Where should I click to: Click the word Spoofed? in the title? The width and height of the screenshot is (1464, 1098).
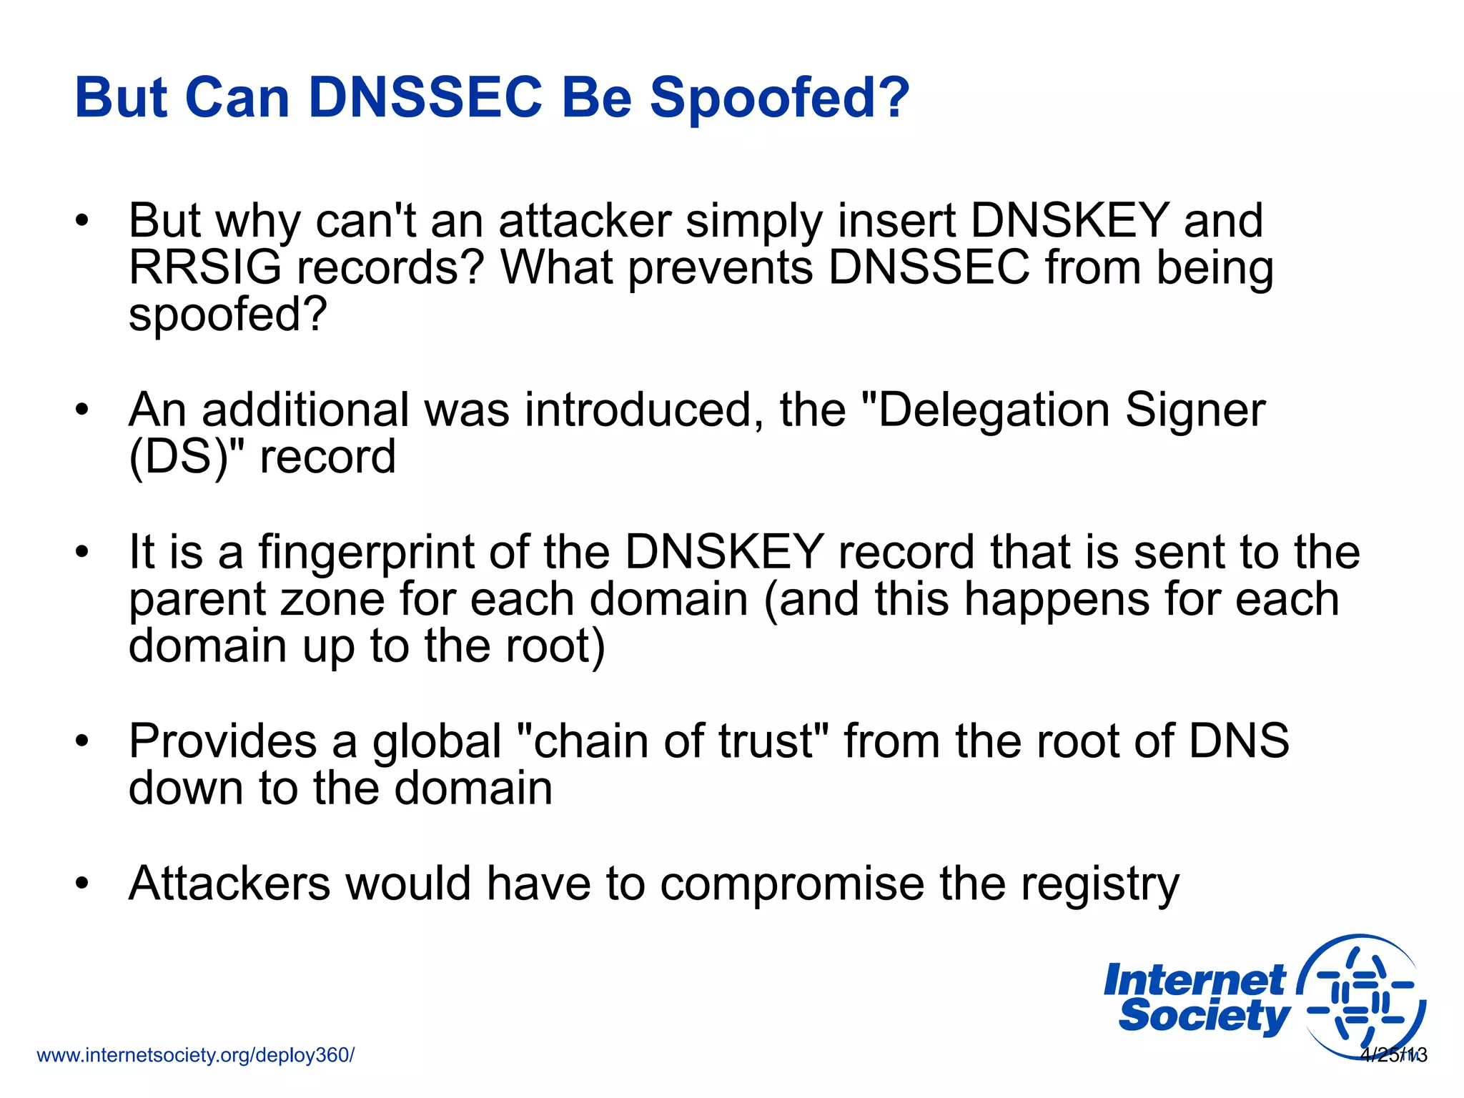[x=779, y=99]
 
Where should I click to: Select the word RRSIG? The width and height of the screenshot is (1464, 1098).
[x=205, y=267]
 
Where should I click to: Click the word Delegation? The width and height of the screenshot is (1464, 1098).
[x=993, y=410]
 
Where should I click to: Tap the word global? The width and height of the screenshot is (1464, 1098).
[x=436, y=742]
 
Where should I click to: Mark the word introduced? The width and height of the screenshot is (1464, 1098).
[x=643, y=410]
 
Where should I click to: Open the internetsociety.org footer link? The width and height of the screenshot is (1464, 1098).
[x=195, y=1055]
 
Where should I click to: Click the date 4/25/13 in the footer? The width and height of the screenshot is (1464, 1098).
[x=1393, y=1055]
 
